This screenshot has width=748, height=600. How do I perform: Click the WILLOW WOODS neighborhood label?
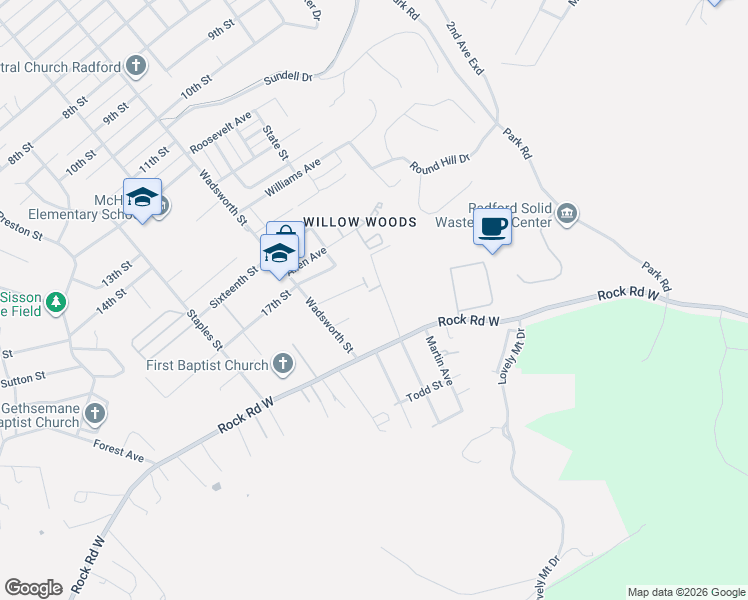(359, 222)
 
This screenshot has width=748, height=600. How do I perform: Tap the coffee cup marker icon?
(492, 227)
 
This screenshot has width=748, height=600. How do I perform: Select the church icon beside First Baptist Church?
(283, 364)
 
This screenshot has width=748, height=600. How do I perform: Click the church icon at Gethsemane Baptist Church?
(95, 412)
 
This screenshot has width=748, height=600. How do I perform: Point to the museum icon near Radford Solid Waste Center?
(567, 212)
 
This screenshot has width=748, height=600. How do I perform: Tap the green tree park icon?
(56, 301)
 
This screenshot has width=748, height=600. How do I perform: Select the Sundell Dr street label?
(288, 77)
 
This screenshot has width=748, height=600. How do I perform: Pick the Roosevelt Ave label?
(220, 132)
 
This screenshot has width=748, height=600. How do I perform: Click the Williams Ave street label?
(292, 177)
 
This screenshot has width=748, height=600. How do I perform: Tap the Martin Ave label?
(439, 362)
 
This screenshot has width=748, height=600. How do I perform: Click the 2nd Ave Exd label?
(465, 50)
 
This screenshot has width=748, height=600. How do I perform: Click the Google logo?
(33, 588)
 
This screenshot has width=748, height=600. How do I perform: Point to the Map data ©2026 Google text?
(685, 592)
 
